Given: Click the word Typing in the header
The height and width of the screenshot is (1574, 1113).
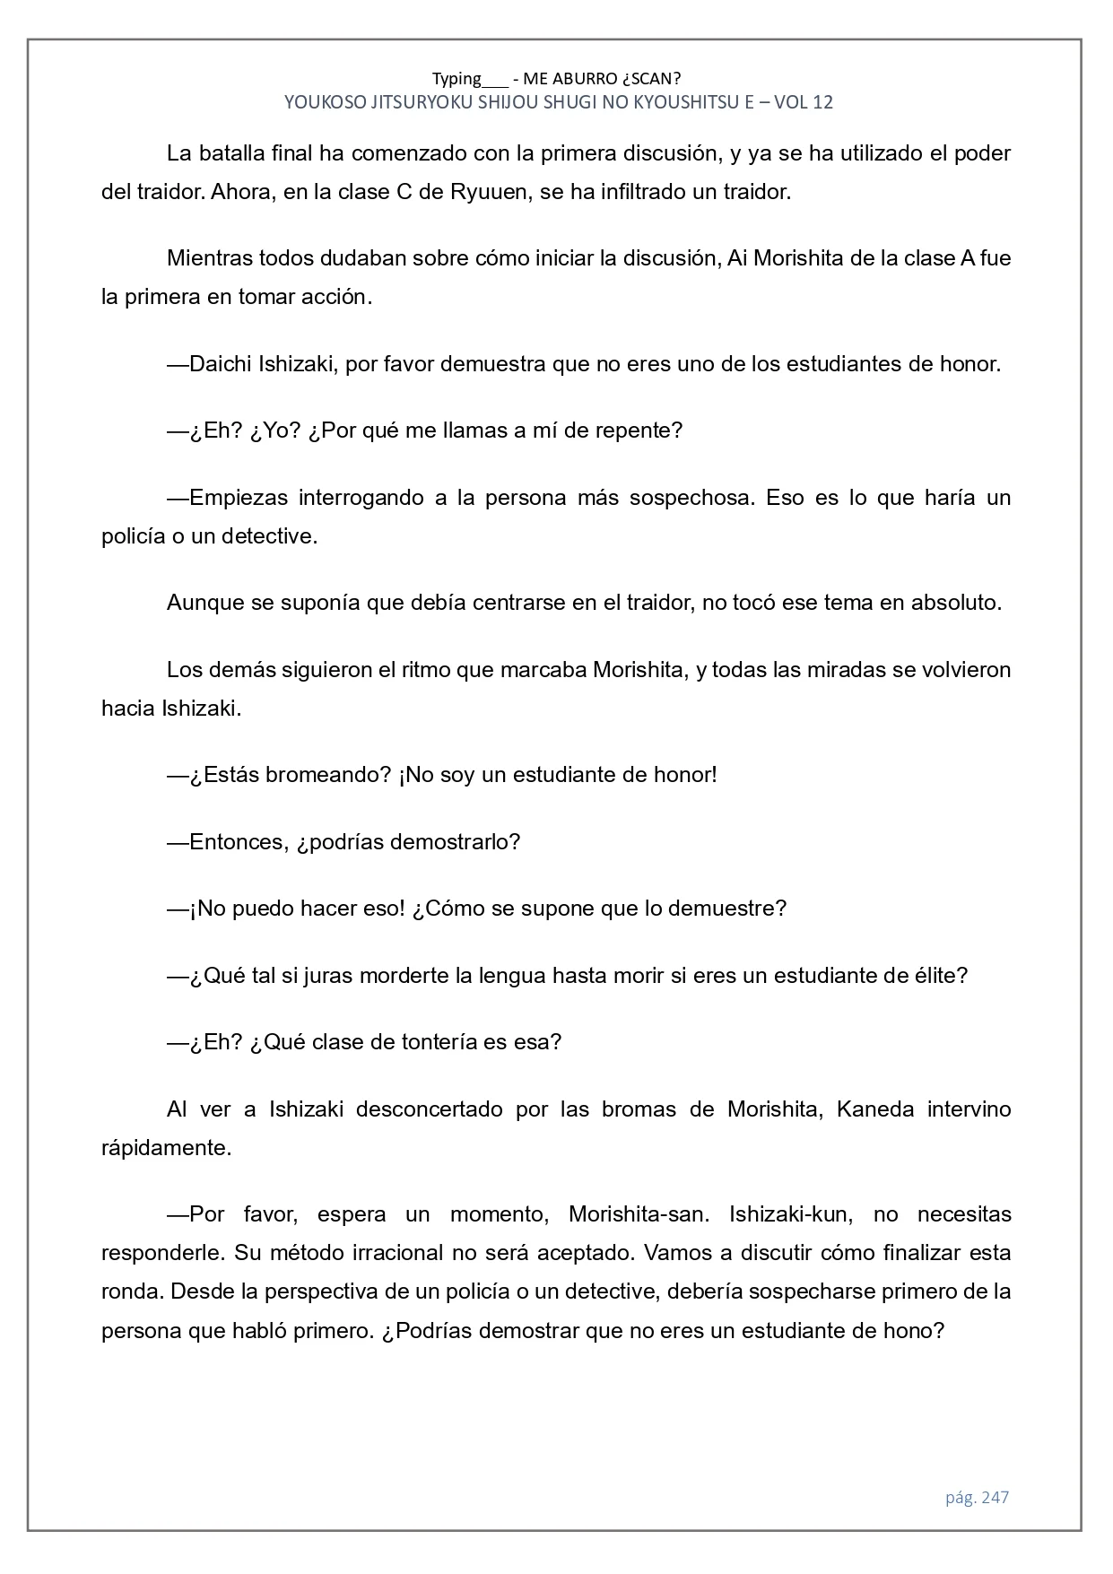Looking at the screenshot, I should pyautogui.click(x=457, y=78).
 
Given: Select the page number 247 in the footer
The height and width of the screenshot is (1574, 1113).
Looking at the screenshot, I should pyautogui.click(x=995, y=1497).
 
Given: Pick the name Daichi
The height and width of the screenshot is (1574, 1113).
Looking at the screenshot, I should pyautogui.click(x=221, y=364).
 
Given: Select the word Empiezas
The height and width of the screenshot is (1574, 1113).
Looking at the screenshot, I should pyautogui.click(x=239, y=498).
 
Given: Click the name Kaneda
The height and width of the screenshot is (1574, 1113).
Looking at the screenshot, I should pyautogui.click(x=874, y=1109).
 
